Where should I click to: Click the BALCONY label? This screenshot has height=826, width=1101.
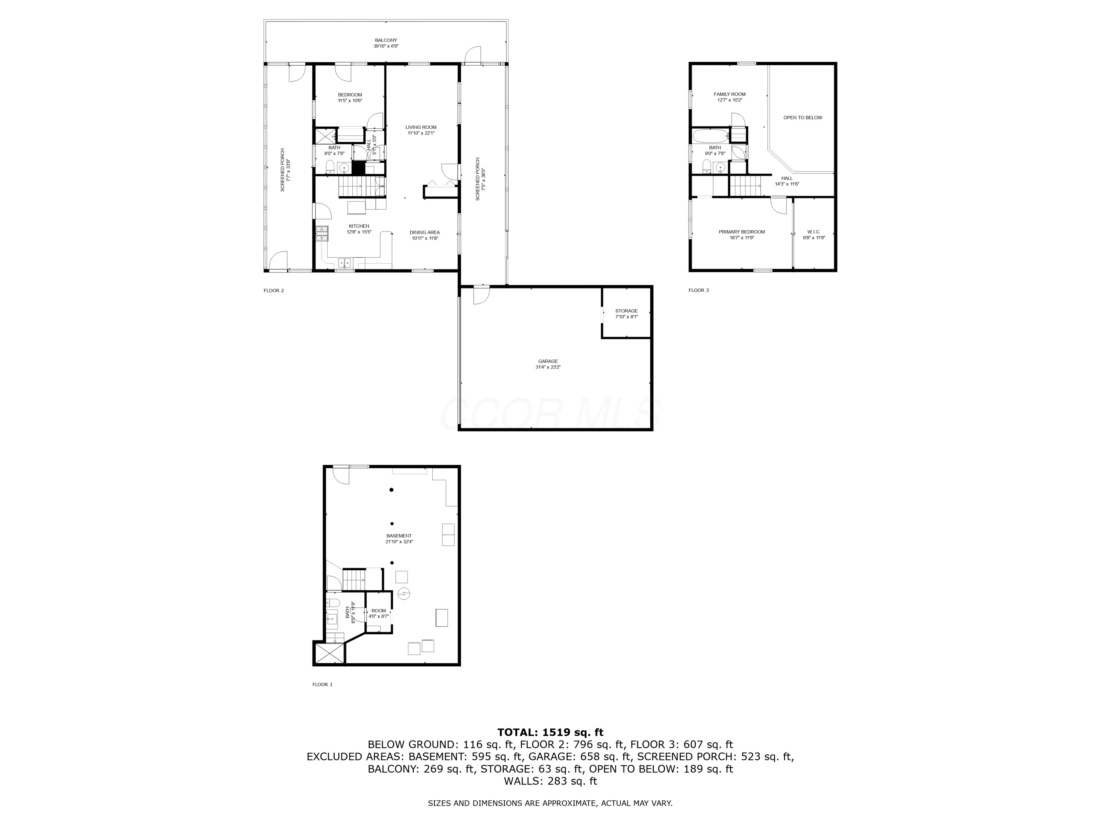coord(386,40)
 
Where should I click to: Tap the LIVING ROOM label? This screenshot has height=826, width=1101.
coord(421,127)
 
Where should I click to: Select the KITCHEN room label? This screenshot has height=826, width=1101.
coord(359,226)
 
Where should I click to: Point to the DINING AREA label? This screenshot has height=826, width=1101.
coord(425,232)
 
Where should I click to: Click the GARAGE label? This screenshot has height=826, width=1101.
coord(548,362)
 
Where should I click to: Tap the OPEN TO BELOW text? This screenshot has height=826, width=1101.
coord(803,118)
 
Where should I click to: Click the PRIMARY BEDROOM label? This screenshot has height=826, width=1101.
coord(742,232)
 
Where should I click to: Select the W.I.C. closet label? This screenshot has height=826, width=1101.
coord(814,232)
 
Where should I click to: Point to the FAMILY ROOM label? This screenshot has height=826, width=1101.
coord(730,94)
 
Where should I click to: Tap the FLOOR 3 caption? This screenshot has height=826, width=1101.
coord(698,290)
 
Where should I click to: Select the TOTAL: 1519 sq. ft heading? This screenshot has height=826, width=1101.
coord(550,732)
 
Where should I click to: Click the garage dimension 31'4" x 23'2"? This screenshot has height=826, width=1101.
coord(548,367)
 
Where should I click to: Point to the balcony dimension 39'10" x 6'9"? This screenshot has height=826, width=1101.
coord(386,46)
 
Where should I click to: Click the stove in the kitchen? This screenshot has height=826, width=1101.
coord(321,233)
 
